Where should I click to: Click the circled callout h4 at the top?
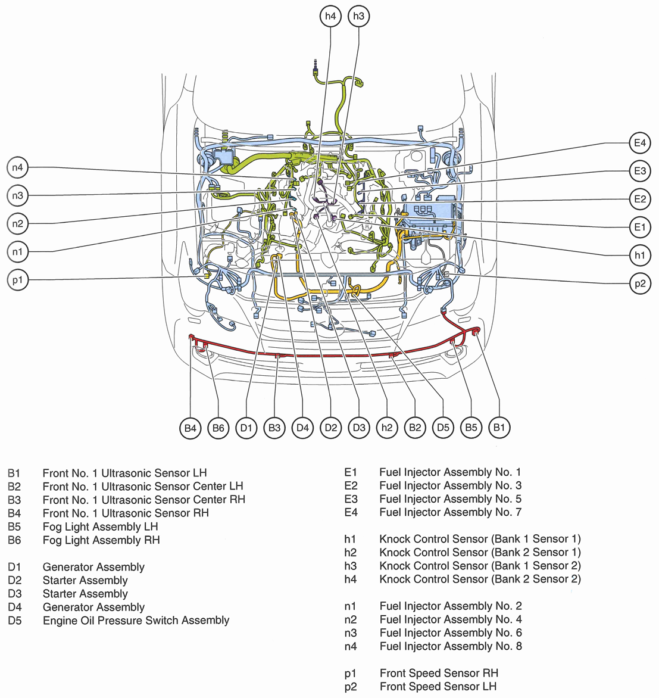pyautogui.click(x=330, y=16)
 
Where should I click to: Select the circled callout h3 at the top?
pyautogui.click(x=358, y=16)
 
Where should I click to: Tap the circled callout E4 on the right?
pyautogui.click(x=640, y=143)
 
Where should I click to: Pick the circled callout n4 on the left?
pyautogui.click(x=18, y=168)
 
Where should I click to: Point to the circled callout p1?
pyautogui.click(x=18, y=279)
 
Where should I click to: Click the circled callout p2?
pyautogui.click(x=640, y=283)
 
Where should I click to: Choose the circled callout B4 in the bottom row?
pyautogui.click(x=190, y=428)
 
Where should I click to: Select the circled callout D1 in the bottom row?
pyautogui.click(x=246, y=428)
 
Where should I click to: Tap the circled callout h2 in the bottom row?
pyautogui.click(x=387, y=428)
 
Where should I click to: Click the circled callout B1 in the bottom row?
pyautogui.click(x=499, y=428)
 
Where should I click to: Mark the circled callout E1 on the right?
pyautogui.click(x=640, y=227)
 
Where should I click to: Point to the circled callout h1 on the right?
pyautogui.click(x=640, y=255)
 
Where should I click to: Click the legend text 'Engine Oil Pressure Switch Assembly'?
pyautogui.click(x=136, y=621)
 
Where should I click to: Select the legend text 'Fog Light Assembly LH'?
pyautogui.click(x=100, y=526)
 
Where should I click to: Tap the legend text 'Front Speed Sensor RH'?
pyautogui.click(x=439, y=673)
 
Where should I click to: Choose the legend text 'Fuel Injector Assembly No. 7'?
pyautogui.click(x=451, y=512)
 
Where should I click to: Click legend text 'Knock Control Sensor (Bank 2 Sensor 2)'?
pyautogui.click(x=480, y=579)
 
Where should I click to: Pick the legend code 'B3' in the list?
pyautogui.click(x=14, y=500)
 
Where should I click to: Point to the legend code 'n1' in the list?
pyautogui.click(x=351, y=606)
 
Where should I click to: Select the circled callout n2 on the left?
pyautogui.click(x=18, y=224)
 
